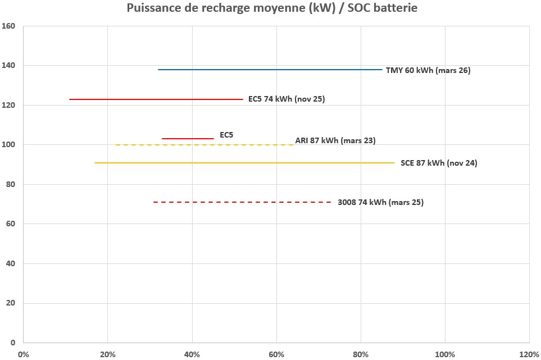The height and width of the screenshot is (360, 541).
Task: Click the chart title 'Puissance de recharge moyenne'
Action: click(x=272, y=8)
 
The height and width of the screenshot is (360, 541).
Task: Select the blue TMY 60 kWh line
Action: click(x=270, y=70)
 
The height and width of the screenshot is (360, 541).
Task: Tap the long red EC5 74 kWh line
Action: click(x=156, y=99)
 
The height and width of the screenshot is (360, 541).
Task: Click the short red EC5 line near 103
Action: click(x=188, y=138)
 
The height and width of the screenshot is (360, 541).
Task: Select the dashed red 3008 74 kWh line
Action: click(x=242, y=202)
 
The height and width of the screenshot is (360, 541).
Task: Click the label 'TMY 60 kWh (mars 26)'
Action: click(x=428, y=71)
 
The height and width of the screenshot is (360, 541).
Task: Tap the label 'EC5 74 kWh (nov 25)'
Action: click(x=287, y=99)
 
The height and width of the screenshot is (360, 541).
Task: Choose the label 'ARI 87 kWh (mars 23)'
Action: click(x=335, y=141)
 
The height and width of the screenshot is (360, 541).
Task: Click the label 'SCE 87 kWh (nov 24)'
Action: click(x=439, y=163)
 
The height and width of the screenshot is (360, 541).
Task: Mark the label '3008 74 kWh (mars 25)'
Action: click(x=380, y=203)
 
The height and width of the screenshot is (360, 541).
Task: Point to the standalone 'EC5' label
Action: click(x=226, y=135)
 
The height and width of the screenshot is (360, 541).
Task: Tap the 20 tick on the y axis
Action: click(x=10, y=303)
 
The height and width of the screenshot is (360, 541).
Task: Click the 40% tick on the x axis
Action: click(x=192, y=354)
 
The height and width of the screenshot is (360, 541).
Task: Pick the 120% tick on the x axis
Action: click(x=529, y=354)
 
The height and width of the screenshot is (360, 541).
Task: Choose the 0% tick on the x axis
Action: click(x=24, y=354)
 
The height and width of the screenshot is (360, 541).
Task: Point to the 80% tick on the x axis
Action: click(x=361, y=354)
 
